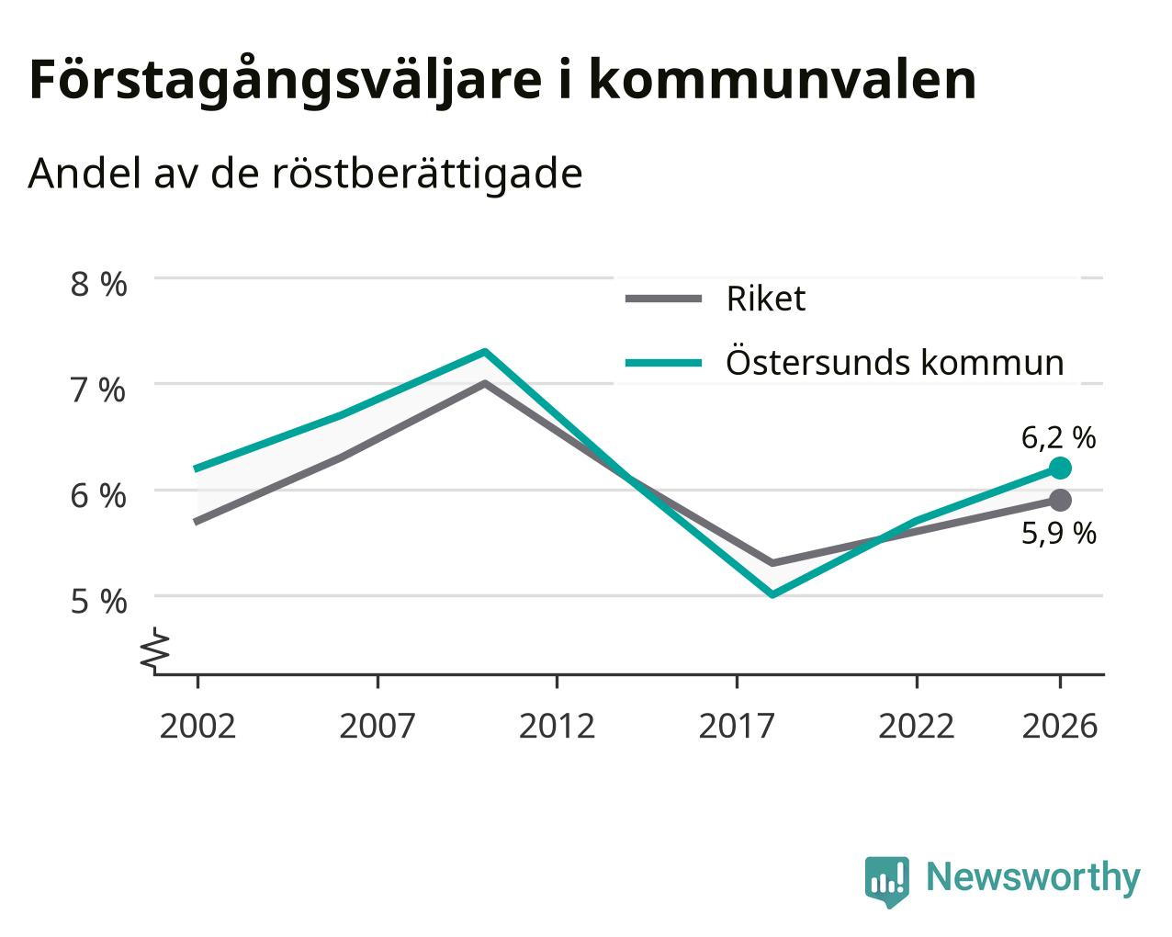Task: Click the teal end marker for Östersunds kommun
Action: coord(1060,468)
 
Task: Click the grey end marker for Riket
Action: coord(1060,500)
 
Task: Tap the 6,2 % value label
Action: coord(1058,438)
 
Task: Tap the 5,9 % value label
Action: coord(1058,534)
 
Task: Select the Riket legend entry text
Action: coord(766,299)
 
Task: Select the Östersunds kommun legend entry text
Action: coord(895,362)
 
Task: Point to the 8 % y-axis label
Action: coord(98,285)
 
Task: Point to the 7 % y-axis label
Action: coord(98,390)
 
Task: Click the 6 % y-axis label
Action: coord(98,496)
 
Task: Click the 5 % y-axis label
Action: coord(98,603)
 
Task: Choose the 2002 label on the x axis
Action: coord(197,726)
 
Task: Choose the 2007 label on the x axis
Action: coord(378,726)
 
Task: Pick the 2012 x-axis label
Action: coord(558,726)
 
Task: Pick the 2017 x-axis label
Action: coord(737,726)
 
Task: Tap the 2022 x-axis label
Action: coord(917,726)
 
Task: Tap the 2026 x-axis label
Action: coord(1060,726)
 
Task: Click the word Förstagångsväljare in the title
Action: coord(286,82)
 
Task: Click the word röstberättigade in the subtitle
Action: coord(427,174)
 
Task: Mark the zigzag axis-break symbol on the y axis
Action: coord(155,649)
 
